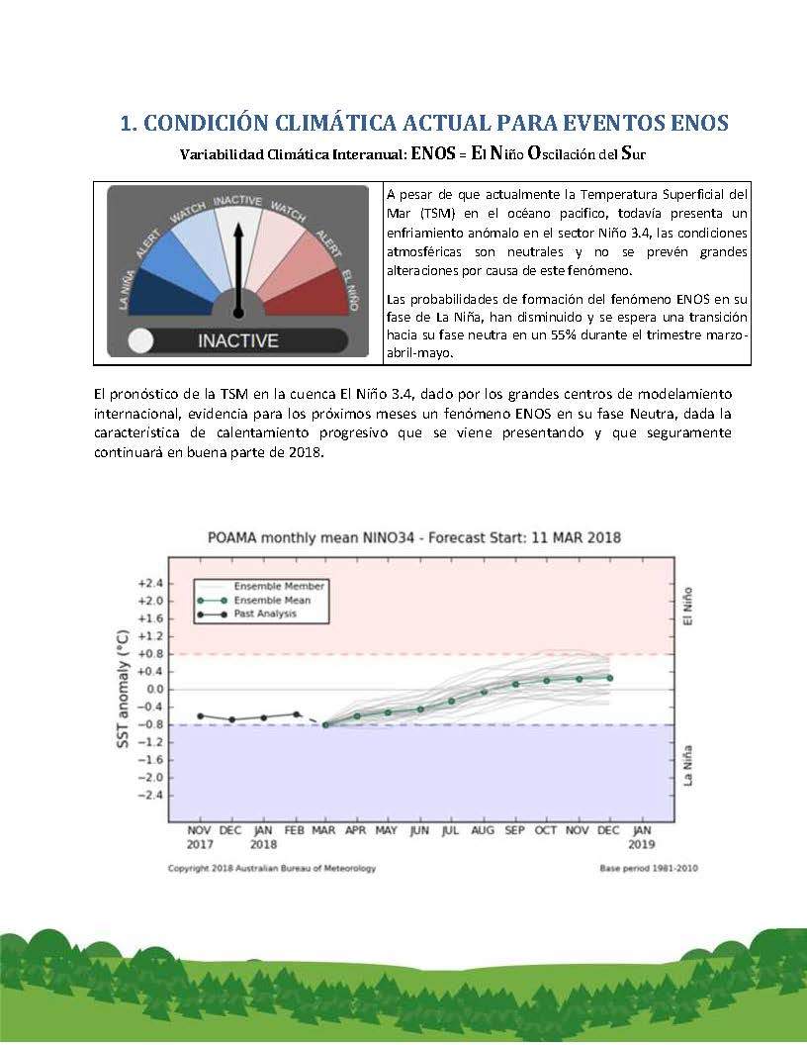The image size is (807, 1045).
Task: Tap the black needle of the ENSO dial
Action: point(237,267)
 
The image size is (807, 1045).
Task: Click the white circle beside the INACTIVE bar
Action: point(142,340)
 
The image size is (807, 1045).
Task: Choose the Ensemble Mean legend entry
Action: point(271,600)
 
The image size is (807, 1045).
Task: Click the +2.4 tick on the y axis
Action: point(150,583)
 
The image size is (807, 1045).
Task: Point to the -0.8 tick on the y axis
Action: point(150,724)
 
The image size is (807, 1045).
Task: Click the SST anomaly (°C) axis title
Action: point(124,689)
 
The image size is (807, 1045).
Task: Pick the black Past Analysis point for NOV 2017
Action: point(200,715)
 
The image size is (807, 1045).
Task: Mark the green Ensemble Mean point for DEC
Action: point(609,678)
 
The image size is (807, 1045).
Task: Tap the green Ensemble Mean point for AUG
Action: point(484,691)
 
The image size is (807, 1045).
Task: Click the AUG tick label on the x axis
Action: point(484,830)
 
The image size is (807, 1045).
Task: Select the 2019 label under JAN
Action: point(642,845)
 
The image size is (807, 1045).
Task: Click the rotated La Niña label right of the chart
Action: point(689,765)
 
